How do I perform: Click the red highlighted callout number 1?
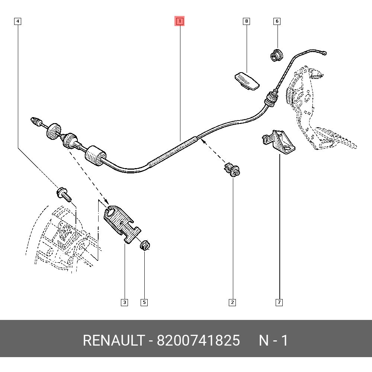180,21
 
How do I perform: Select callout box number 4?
17,21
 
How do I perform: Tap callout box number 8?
246,21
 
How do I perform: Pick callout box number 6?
277,21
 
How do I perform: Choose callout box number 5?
144,302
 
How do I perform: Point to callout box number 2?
232,302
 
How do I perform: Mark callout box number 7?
279,302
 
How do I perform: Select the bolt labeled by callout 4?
64,194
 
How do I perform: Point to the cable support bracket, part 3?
121,222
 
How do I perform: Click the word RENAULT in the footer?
113,340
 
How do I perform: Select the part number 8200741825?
198,340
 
